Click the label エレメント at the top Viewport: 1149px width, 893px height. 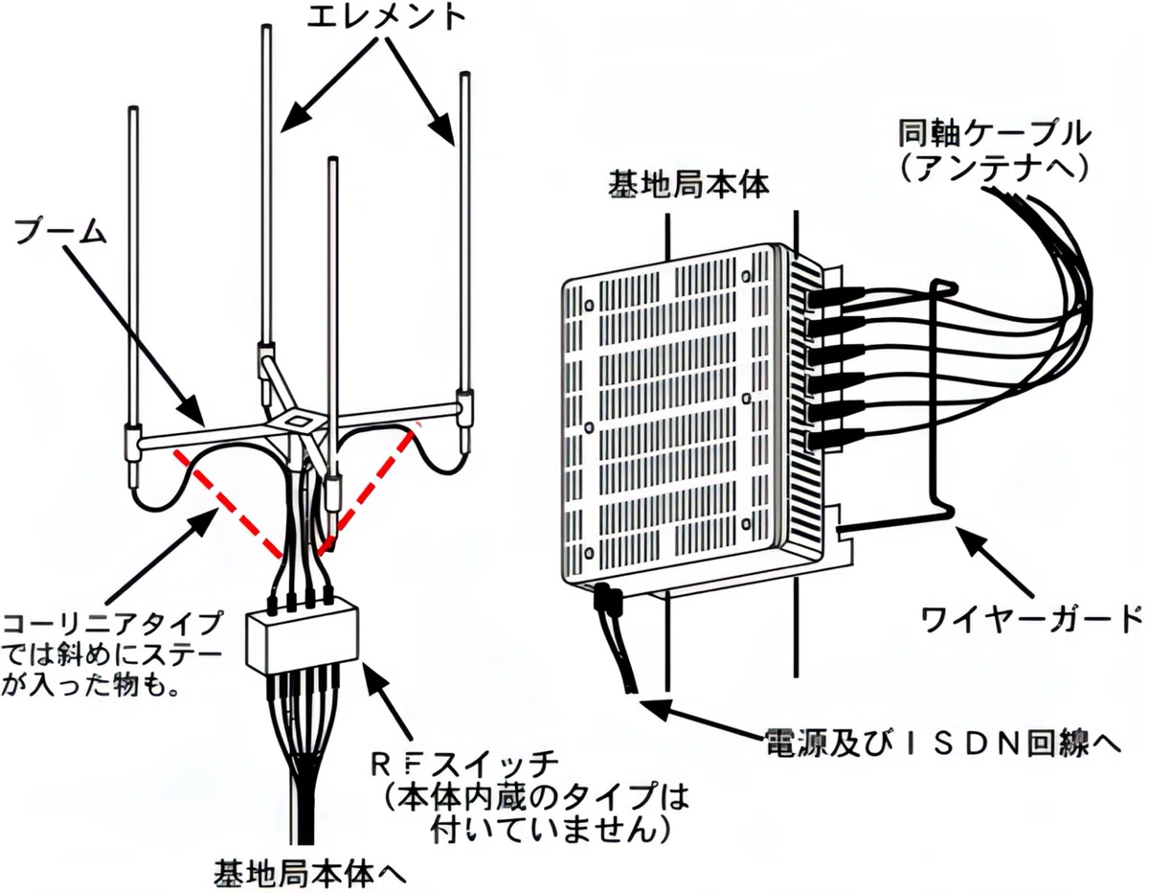386,18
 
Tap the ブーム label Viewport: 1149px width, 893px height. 60,232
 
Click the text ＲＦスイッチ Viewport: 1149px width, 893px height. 464,766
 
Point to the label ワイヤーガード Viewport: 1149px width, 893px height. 1031,620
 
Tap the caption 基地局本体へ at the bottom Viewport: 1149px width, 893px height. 309,873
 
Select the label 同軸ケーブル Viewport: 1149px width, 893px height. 995,134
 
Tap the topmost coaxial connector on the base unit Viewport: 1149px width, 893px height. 837,297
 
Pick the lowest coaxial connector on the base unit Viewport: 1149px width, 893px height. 837,441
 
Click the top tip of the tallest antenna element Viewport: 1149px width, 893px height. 267,26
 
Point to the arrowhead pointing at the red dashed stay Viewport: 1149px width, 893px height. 201,523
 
